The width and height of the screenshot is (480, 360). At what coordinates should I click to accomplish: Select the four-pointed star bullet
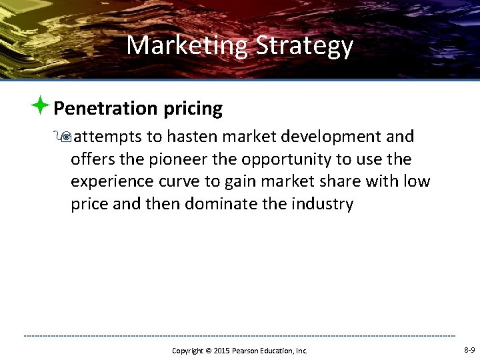pyautogui.click(x=41, y=105)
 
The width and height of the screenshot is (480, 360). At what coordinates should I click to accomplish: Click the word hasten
pyautogui.click(x=193, y=137)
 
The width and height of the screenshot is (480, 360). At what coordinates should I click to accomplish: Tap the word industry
pyautogui.click(x=323, y=204)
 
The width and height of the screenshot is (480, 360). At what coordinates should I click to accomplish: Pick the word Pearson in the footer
pyautogui.click(x=247, y=351)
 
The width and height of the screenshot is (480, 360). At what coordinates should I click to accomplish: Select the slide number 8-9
pyautogui.click(x=469, y=350)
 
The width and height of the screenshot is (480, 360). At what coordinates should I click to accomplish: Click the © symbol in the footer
pyautogui.click(x=208, y=351)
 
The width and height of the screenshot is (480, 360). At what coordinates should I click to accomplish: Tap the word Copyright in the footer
pyautogui.click(x=188, y=351)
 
